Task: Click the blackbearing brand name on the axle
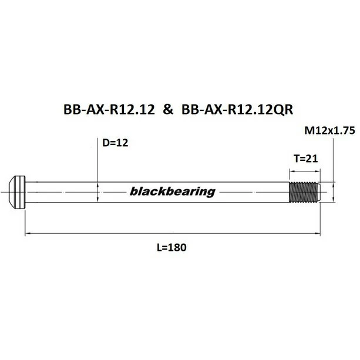tap(172, 191)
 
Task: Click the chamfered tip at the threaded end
tap(319, 191)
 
